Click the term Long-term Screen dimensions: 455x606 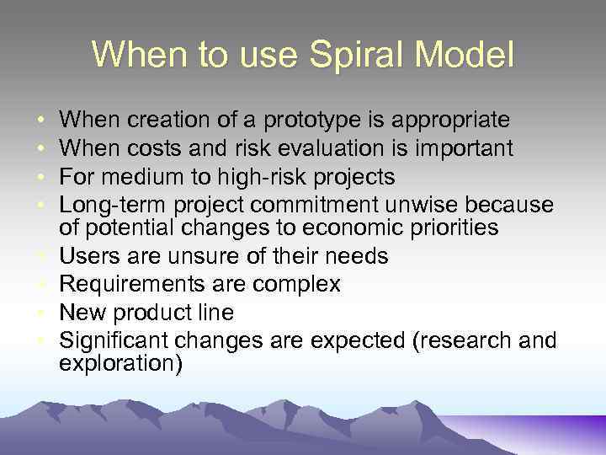point(108,206)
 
